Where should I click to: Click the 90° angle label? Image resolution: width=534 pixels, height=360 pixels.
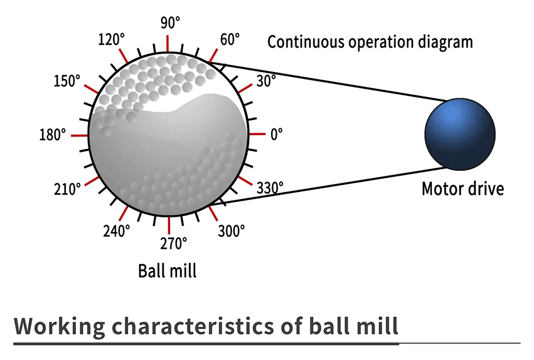pyautogui.click(x=170, y=23)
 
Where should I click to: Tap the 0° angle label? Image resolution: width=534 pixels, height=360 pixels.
pyautogui.click(x=277, y=135)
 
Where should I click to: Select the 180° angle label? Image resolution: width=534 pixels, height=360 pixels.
pyautogui.click(x=52, y=135)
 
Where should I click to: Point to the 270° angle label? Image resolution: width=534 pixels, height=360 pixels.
pyautogui.click(x=174, y=244)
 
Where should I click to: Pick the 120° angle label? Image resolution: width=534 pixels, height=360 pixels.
pyautogui.click(x=112, y=40)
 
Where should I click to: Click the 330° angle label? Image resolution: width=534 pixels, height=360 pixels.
pyautogui.click(x=270, y=187)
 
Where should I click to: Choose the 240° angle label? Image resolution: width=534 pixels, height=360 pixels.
pyautogui.click(x=116, y=231)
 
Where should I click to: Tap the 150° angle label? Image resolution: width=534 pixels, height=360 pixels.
pyautogui.click(x=67, y=81)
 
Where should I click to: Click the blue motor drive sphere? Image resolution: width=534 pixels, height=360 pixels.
pyautogui.click(x=460, y=134)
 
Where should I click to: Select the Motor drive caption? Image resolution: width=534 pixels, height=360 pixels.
pyautogui.click(x=463, y=189)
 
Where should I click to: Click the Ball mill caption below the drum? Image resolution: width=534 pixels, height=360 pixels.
pyautogui.click(x=167, y=271)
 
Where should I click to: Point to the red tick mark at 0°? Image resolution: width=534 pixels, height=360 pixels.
pyautogui.click(x=257, y=134)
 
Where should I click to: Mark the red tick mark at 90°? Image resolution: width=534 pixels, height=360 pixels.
pyautogui.click(x=168, y=43)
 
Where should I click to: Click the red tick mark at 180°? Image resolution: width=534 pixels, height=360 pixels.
pyautogui.click(x=79, y=136)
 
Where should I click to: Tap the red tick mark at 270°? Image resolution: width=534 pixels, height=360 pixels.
pyautogui.click(x=169, y=225)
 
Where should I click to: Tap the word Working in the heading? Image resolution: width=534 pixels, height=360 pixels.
pyautogui.click(x=59, y=326)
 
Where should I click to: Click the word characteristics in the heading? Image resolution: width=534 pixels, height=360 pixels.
pyautogui.click(x=193, y=326)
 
